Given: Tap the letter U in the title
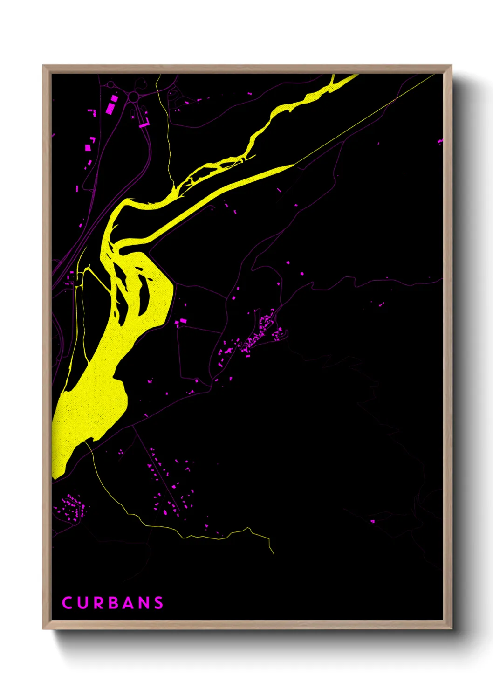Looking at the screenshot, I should [x=82, y=603].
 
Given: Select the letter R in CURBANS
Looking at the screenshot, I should [x=97, y=603].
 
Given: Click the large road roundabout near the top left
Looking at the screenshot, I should [x=134, y=97].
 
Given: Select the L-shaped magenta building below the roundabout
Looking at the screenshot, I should [x=144, y=124].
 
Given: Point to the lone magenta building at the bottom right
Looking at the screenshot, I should [x=372, y=521].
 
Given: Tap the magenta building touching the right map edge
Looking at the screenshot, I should [x=440, y=140].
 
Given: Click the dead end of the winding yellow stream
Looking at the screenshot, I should [x=274, y=553].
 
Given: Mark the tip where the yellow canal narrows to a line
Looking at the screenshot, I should [x=294, y=164].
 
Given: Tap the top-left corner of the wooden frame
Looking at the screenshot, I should [x=43, y=66].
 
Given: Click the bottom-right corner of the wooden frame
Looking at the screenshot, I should [x=451, y=628].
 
